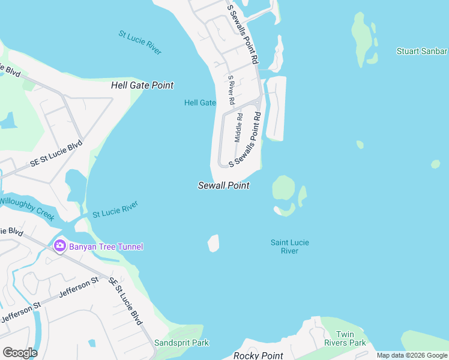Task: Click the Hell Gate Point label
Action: click(142, 85)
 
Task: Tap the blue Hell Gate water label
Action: click(200, 103)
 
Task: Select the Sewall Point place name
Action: click(224, 186)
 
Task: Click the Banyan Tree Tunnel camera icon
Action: click(59, 246)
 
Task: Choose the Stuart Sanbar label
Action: click(422, 51)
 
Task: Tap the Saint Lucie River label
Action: click(290, 247)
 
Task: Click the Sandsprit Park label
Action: click(181, 343)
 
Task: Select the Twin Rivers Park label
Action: click(351, 338)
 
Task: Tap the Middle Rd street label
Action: click(239, 127)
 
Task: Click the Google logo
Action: click(20, 353)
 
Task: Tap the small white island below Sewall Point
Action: click(213, 243)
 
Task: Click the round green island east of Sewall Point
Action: click(283, 188)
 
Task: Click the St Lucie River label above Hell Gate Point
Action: click(140, 43)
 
